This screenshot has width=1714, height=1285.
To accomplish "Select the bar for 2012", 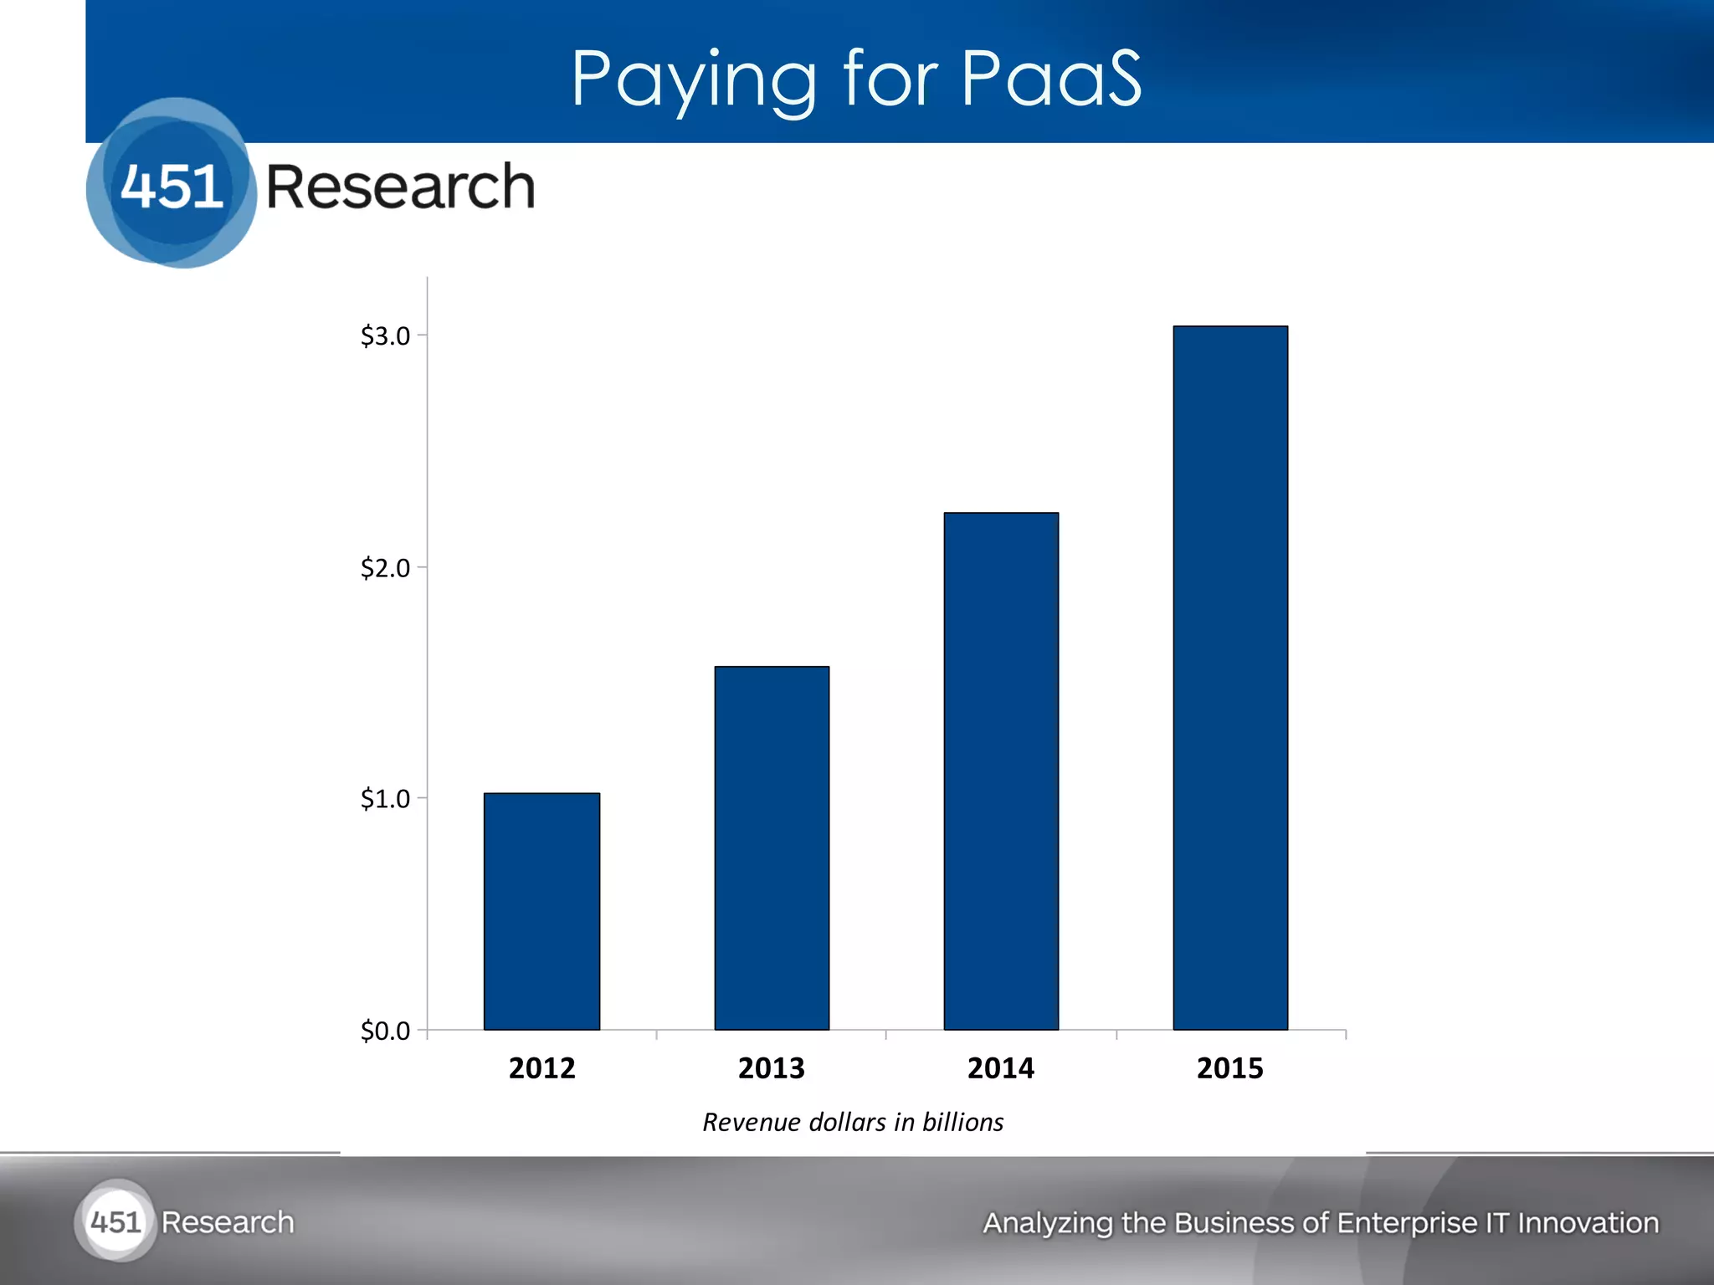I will [x=541, y=911].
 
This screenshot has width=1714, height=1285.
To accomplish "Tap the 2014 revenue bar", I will [x=1001, y=770].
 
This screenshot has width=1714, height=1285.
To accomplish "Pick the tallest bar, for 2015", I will [x=1230, y=678].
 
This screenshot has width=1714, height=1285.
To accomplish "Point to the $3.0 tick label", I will [x=385, y=336].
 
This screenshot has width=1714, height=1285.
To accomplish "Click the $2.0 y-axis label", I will [x=385, y=569].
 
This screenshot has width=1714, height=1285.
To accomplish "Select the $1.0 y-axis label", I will [x=385, y=799].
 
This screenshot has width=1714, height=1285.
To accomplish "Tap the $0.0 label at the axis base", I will [x=385, y=1031].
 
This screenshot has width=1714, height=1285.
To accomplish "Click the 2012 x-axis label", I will [x=541, y=1068].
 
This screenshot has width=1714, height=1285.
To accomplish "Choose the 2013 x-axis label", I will [x=771, y=1068].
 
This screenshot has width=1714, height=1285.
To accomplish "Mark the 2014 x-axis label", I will [x=1001, y=1068].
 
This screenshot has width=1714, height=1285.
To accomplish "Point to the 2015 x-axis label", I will [x=1230, y=1068].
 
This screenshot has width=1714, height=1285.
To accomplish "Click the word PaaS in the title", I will [x=1051, y=79].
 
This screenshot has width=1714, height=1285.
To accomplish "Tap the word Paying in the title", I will [x=694, y=81].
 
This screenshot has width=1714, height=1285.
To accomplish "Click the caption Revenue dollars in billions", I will [x=853, y=1122].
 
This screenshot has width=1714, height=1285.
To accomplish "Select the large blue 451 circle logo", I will [x=172, y=184].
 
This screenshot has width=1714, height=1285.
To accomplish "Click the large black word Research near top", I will [x=400, y=187].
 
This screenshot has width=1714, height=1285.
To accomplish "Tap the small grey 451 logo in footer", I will [x=115, y=1222].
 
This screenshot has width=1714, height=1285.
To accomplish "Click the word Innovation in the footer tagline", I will [x=1588, y=1223].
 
